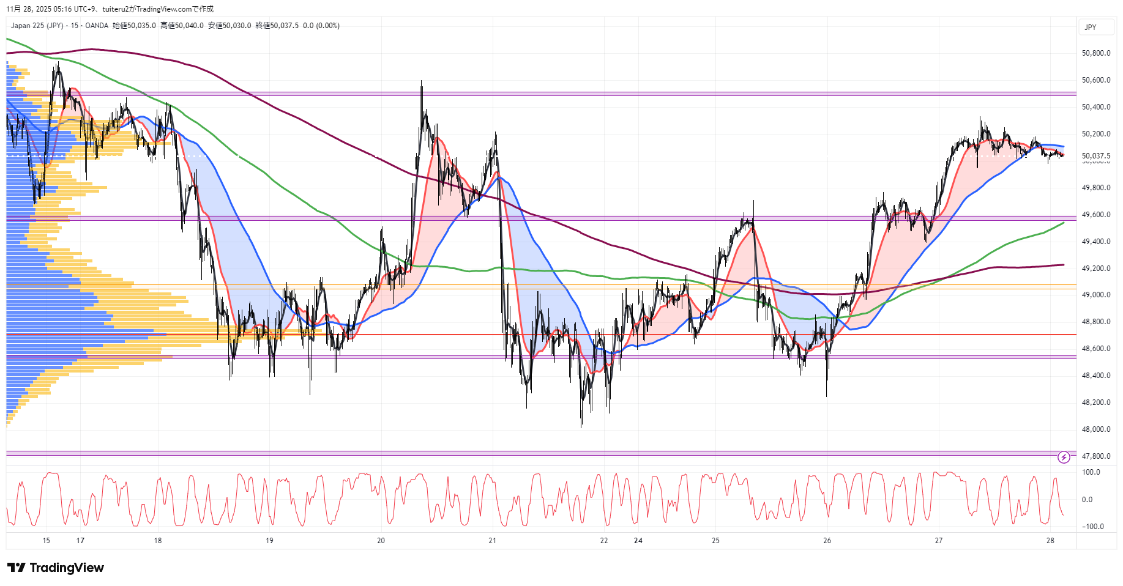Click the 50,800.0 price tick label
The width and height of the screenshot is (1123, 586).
click(1095, 53)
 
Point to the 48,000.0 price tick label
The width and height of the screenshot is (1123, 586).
click(1095, 429)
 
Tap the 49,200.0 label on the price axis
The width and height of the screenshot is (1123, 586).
click(1095, 269)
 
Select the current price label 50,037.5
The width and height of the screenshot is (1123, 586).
click(1095, 156)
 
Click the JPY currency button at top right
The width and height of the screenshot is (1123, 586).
click(1091, 28)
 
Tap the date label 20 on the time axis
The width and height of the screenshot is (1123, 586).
click(381, 541)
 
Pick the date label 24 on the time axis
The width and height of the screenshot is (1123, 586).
click(638, 541)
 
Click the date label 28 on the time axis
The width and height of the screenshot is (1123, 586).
click(1050, 541)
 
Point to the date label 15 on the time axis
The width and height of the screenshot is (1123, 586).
click(47, 541)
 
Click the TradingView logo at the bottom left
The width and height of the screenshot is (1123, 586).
click(56, 568)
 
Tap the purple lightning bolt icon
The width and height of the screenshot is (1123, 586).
click(1064, 458)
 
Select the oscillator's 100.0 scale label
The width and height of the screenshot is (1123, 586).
click(1091, 472)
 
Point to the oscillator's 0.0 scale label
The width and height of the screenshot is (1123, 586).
click(1087, 500)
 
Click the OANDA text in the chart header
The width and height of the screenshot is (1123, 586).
click(97, 26)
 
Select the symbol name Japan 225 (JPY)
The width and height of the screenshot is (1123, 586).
click(37, 26)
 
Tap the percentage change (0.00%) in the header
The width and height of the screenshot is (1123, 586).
click(327, 26)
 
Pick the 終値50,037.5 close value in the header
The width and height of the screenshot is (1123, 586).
click(277, 26)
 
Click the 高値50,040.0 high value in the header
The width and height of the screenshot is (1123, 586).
click(182, 26)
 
